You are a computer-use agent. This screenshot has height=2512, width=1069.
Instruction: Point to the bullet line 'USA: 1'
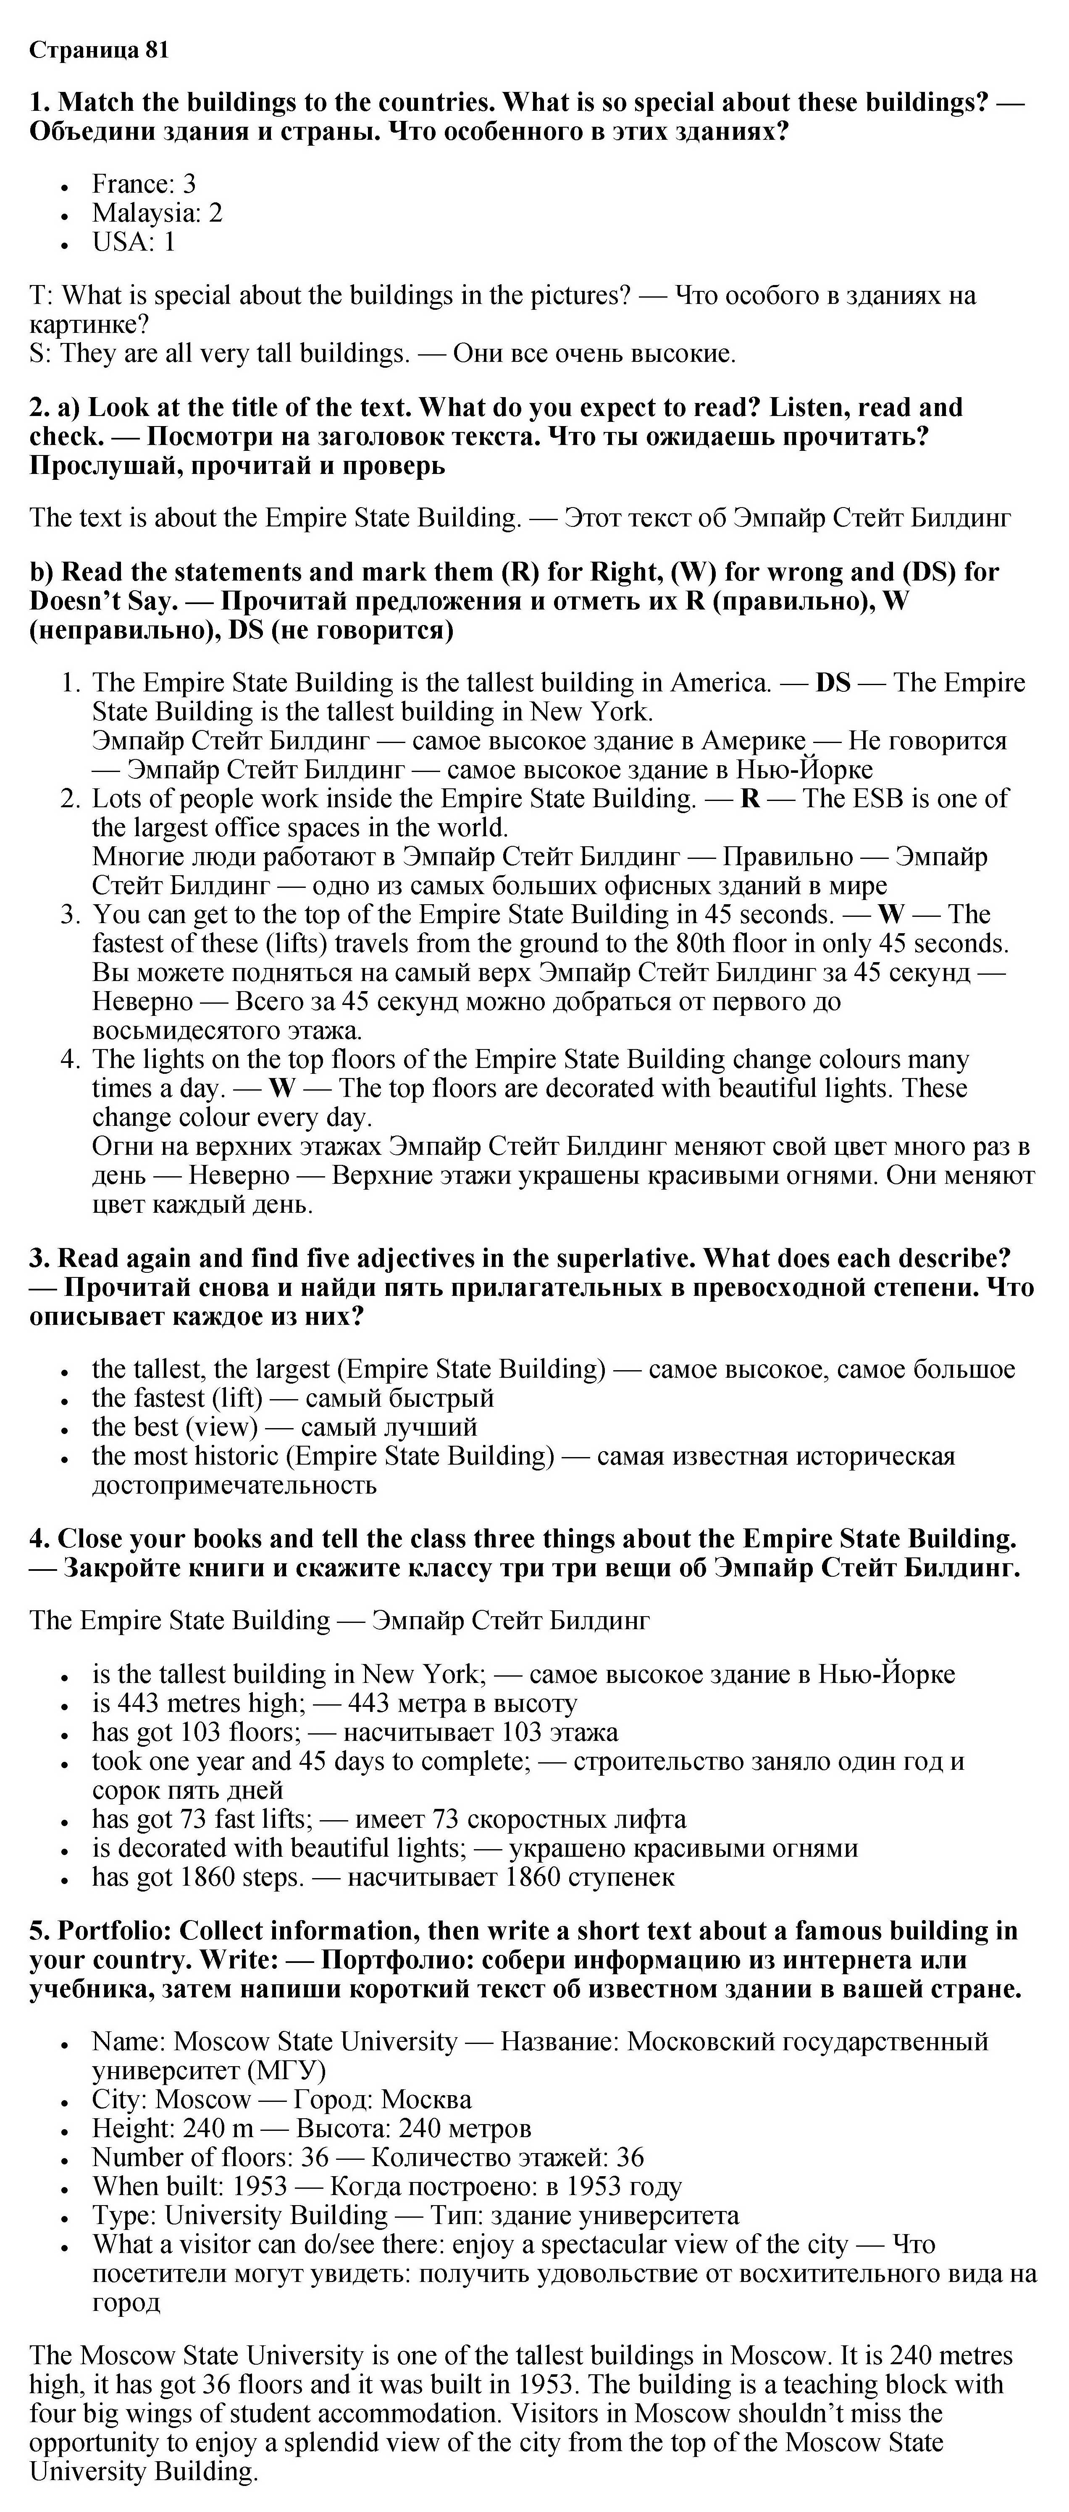tap(134, 242)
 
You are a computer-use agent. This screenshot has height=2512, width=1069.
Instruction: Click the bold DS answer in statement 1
tap(833, 683)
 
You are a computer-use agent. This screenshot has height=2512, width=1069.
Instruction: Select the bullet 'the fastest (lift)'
tap(178, 1398)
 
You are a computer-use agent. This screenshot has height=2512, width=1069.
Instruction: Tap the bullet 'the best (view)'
tap(175, 1428)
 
